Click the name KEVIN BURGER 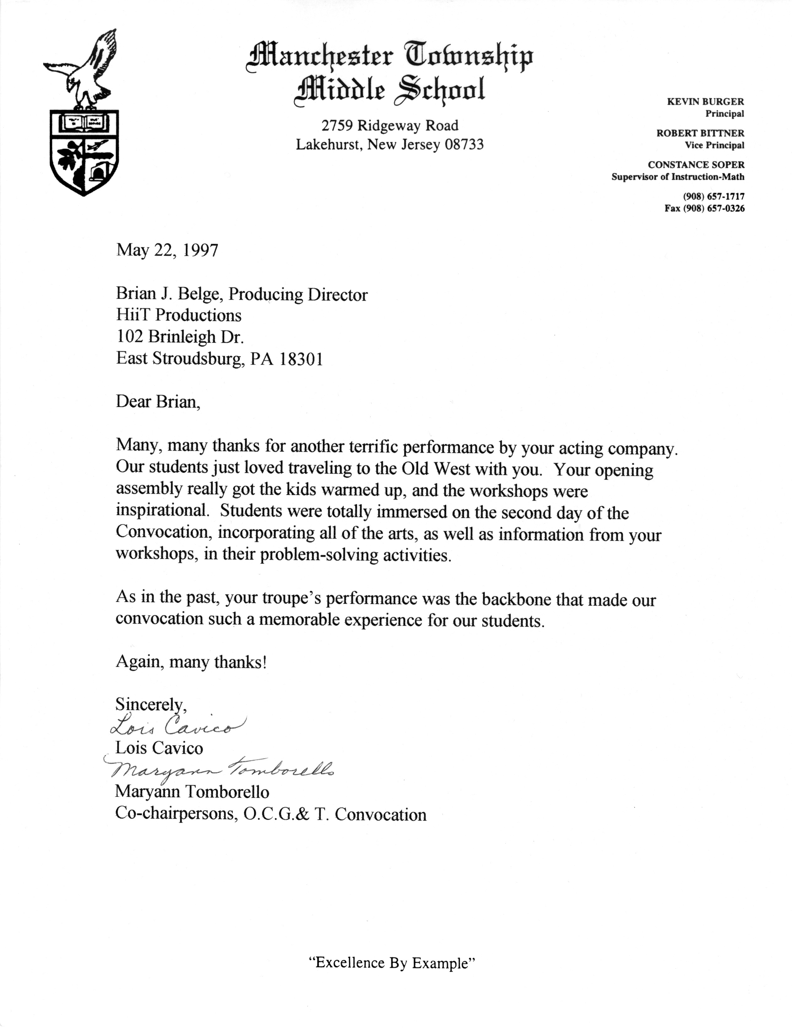click(x=705, y=101)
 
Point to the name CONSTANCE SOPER click(x=696, y=164)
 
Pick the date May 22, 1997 click(x=167, y=250)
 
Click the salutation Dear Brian click(x=158, y=401)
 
